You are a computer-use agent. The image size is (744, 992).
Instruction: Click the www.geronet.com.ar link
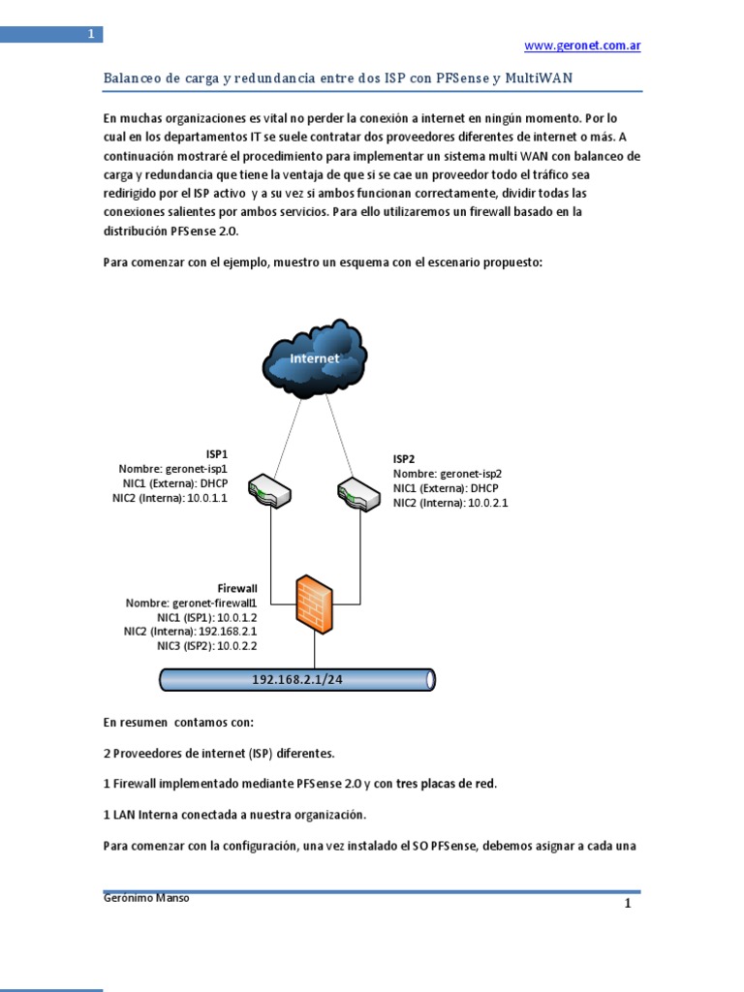point(581,46)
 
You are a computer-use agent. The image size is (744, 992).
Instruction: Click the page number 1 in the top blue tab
point(90,35)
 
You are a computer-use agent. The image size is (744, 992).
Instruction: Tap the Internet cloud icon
point(315,358)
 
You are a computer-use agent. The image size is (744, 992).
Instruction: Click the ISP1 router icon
point(269,491)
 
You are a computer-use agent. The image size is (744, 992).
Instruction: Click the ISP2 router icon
point(360,492)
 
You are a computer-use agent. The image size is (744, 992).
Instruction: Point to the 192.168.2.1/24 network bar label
point(297,680)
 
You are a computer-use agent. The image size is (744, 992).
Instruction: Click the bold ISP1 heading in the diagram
point(217,453)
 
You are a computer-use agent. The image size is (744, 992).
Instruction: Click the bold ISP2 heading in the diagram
point(403,458)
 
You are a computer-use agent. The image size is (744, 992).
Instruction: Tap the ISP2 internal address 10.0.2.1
point(489,503)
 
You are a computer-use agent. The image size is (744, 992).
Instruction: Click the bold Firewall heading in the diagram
point(236,588)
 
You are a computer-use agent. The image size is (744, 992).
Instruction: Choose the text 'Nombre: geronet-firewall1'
point(191,603)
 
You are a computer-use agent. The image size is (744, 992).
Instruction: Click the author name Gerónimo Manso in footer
point(145,898)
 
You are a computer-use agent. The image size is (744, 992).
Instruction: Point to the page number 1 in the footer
point(627,904)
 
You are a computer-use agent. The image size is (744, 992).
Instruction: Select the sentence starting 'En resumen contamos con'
point(178,722)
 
